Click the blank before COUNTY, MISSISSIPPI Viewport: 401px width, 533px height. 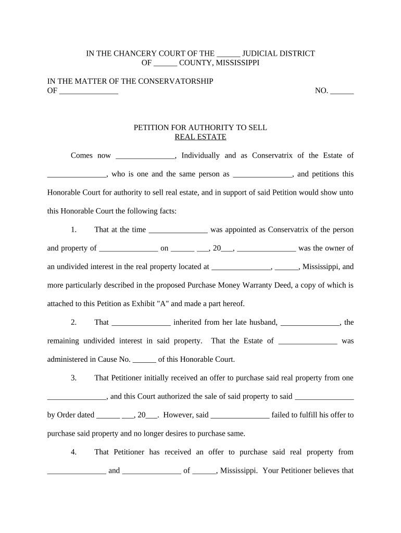(166, 64)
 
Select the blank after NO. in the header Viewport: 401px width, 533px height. (342, 92)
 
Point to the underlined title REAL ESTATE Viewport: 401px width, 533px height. (200, 137)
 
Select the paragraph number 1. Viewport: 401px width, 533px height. (73, 230)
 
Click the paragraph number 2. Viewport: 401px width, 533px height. (73, 322)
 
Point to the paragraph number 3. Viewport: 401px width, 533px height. (73, 377)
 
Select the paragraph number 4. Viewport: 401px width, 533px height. (73, 452)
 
